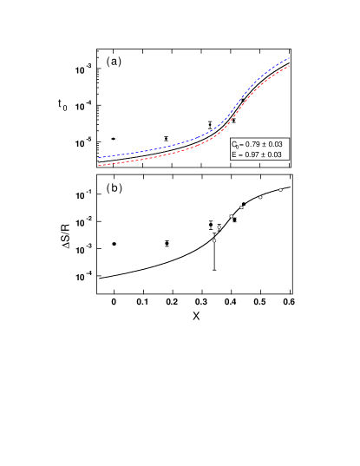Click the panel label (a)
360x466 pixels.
click(114, 62)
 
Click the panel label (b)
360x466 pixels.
click(114, 187)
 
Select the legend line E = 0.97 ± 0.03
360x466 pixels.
click(257, 154)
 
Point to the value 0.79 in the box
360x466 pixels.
click(254, 144)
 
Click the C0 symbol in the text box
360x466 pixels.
click(235, 144)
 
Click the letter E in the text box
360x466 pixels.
click(233, 154)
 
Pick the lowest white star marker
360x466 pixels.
click(214, 240)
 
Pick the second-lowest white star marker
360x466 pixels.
click(219, 227)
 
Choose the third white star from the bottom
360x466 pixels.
click(231, 216)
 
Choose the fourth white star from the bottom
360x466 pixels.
click(241, 207)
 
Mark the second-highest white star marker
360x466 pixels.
click(260, 197)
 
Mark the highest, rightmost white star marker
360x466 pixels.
click(280, 189)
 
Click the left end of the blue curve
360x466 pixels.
click(100, 157)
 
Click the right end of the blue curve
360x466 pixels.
click(289, 58)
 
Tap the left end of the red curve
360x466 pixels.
click(100, 164)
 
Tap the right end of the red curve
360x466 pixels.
click(289, 65)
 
